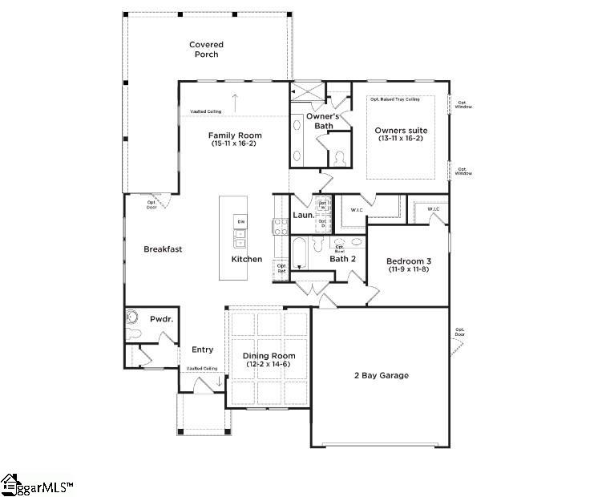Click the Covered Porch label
click(206, 50)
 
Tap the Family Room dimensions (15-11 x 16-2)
click(236, 144)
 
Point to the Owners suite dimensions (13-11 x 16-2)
click(401, 139)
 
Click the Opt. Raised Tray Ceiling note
click(394, 99)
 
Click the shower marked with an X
click(305, 91)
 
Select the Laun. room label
click(302, 215)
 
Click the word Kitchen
click(247, 259)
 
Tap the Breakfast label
click(163, 249)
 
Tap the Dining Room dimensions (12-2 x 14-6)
click(269, 365)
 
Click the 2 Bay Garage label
click(382, 375)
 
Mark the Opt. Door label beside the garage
click(460, 332)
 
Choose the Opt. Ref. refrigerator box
click(281, 268)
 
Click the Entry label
click(202, 350)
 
